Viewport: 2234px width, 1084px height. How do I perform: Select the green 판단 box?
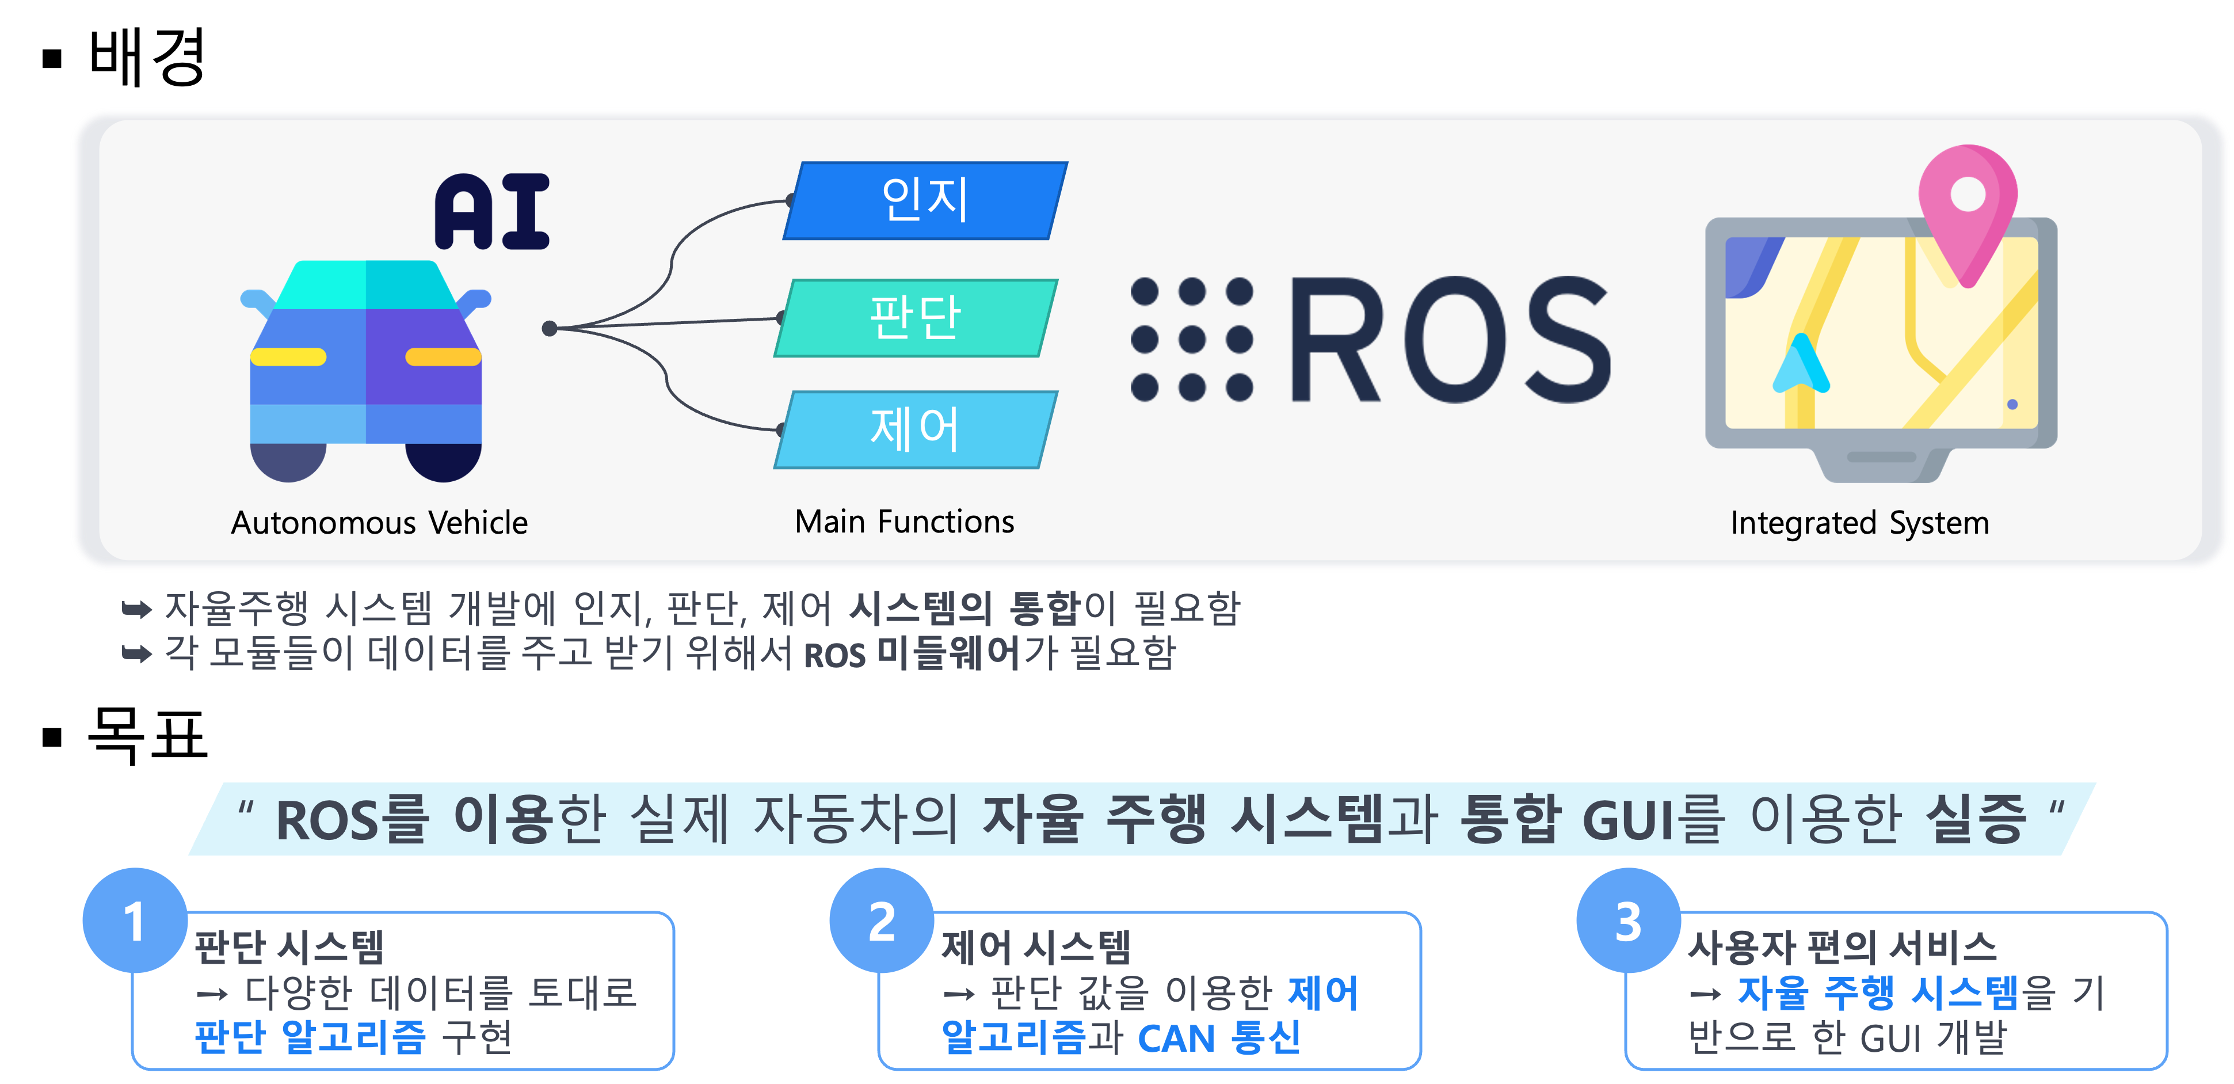point(916,317)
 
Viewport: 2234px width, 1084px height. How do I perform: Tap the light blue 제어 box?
point(916,429)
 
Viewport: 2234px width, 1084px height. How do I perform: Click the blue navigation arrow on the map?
point(1801,363)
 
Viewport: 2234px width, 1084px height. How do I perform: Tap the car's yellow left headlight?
point(288,356)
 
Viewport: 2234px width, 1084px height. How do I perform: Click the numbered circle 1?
point(135,920)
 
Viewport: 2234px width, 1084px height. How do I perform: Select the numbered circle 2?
point(881,920)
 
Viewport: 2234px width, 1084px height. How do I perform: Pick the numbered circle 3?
point(1628,920)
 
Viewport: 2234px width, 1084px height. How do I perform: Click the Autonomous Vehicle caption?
point(379,523)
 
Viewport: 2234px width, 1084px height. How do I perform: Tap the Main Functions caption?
point(905,521)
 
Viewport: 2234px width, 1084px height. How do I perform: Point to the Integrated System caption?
point(1860,523)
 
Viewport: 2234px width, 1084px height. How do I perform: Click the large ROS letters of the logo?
point(1450,340)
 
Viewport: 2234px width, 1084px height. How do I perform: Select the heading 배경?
point(147,56)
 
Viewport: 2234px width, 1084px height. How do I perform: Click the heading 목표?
point(147,735)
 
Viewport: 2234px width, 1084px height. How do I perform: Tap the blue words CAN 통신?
point(1219,1037)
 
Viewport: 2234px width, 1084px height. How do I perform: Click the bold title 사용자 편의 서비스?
point(1842,946)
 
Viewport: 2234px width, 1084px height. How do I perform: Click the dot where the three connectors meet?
point(549,328)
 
